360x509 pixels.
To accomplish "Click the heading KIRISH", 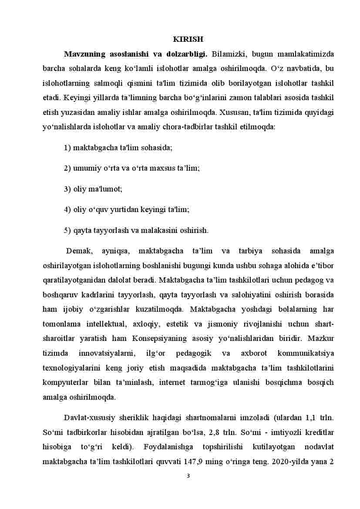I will tap(188, 40).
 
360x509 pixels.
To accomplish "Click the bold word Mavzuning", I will tap(85, 54).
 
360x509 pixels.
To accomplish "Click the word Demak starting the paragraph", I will tap(78, 251).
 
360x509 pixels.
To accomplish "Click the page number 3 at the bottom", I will tap(188, 475).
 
